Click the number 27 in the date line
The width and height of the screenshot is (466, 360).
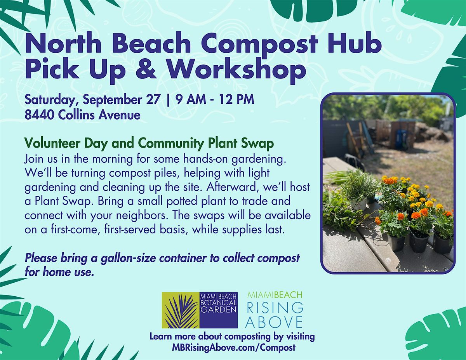point(153,99)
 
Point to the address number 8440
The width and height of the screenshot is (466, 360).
point(40,115)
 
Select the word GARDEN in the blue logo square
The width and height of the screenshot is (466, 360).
point(218,310)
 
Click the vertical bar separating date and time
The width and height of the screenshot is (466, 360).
point(168,100)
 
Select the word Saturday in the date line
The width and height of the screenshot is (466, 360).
point(51,100)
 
